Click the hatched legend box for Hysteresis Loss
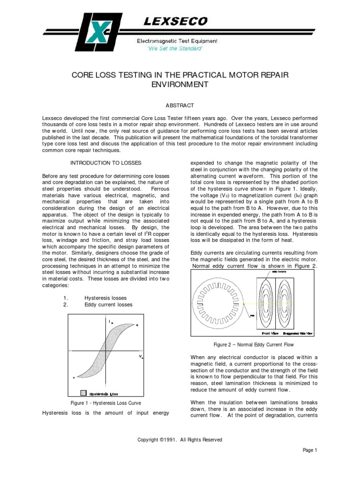[x=83, y=393]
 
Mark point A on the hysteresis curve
[x=74, y=377]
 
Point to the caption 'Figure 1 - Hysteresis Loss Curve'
[x=105, y=403]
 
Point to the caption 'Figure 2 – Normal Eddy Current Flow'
[x=253, y=345]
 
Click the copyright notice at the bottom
[x=180, y=440]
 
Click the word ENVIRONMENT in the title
[x=180, y=84]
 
